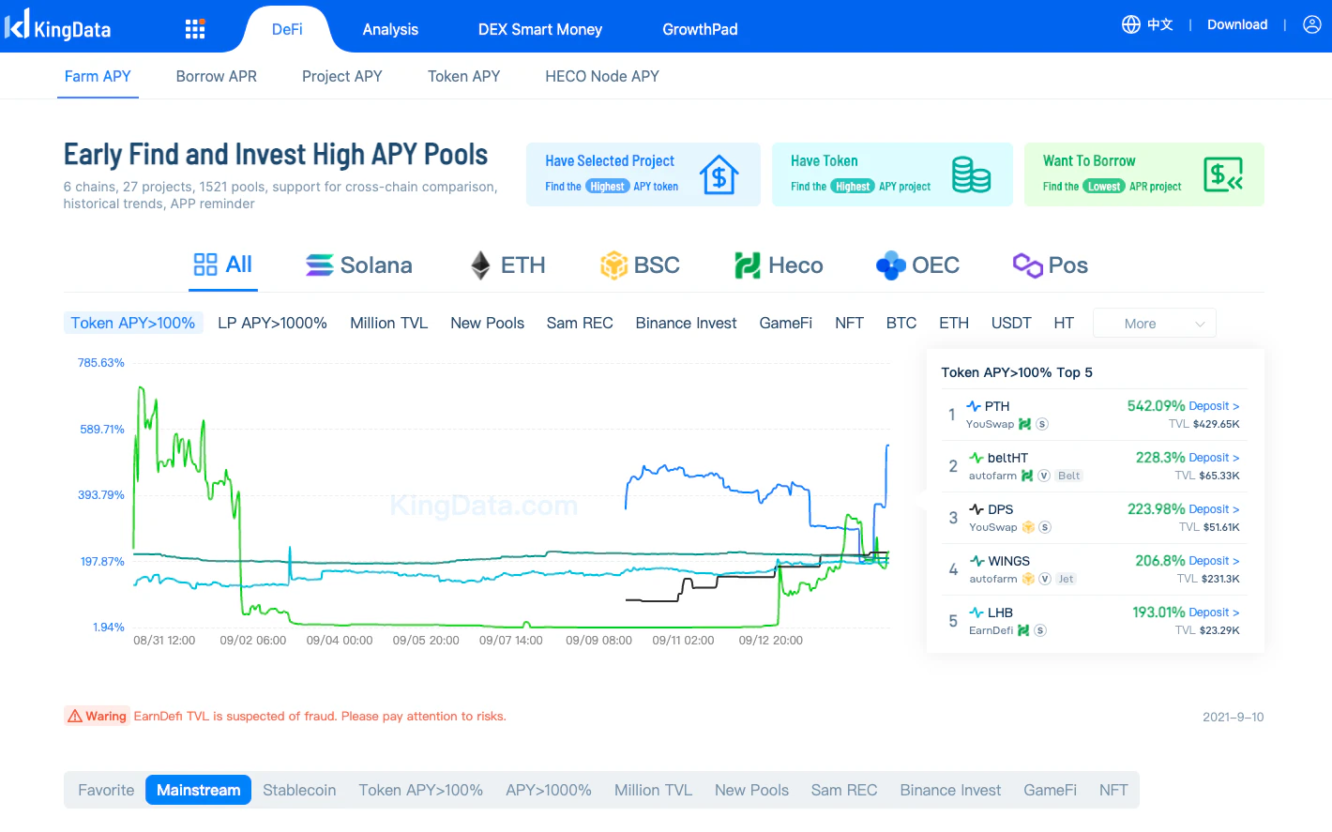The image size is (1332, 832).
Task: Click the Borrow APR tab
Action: point(216,77)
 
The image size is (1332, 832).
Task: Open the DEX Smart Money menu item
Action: point(539,30)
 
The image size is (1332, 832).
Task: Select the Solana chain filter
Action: point(359,265)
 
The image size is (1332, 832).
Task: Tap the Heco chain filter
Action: point(779,265)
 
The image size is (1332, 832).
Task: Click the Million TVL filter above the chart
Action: point(388,324)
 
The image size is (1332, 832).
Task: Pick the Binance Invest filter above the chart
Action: point(686,324)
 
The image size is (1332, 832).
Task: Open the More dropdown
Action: point(1154,324)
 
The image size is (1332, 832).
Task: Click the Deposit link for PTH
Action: point(1214,406)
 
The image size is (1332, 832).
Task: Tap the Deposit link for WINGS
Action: point(1214,561)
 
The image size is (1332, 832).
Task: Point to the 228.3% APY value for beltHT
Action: point(1160,458)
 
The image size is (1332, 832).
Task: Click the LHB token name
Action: point(1000,613)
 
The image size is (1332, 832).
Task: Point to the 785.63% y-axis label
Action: point(101,363)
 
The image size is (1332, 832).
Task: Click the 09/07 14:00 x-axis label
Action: point(510,641)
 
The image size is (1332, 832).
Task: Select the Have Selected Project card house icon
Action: point(719,174)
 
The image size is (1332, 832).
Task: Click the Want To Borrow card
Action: point(1143,174)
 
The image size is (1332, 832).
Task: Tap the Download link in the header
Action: point(1236,25)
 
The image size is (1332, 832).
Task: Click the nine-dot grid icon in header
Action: point(195,29)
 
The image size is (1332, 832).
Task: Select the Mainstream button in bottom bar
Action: point(198,790)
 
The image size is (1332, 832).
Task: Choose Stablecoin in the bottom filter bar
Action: point(299,790)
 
